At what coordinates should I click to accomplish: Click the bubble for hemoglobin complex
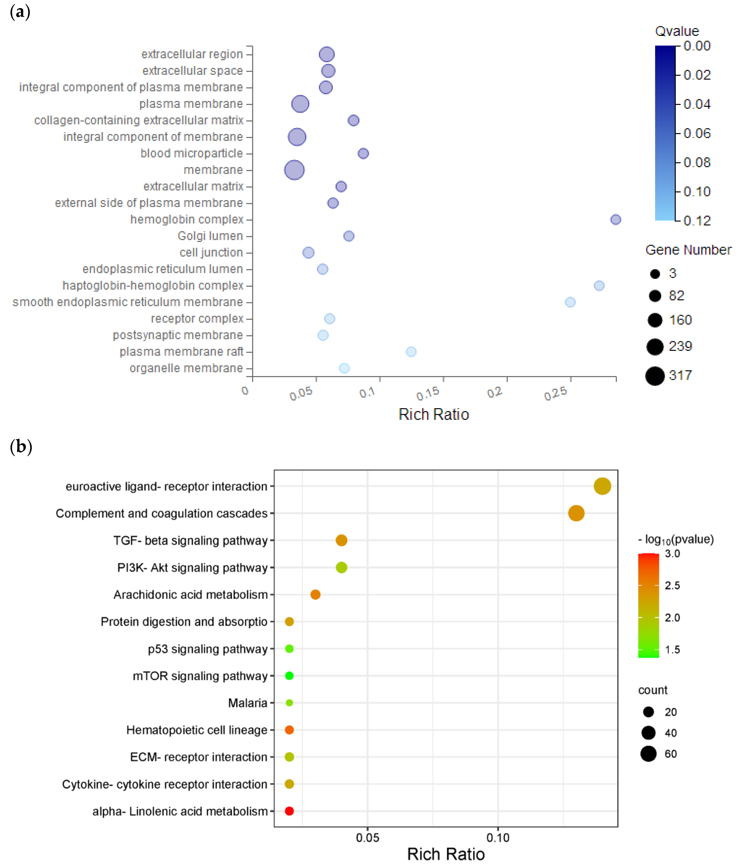pos(615,219)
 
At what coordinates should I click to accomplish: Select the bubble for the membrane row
pos(294,170)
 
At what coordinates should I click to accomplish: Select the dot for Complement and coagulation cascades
pos(576,513)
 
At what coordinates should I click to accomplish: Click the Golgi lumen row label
pos(210,236)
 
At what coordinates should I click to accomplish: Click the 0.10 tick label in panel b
pos(498,838)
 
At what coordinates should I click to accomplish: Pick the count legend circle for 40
pos(648,733)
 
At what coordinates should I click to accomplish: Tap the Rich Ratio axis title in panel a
pos(434,414)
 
